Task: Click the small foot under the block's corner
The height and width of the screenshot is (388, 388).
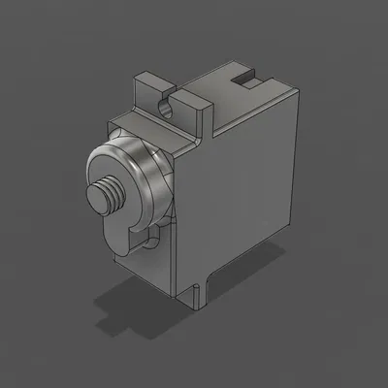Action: point(200,296)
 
